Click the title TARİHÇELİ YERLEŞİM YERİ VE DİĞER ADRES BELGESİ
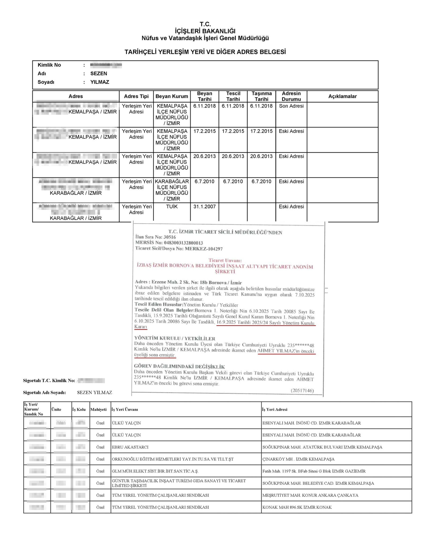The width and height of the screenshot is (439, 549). tap(205, 52)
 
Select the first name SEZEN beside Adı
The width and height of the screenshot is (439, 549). tap(99, 73)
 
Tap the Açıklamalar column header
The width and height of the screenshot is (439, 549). tap(342, 96)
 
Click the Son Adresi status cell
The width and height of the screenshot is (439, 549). tap(291, 106)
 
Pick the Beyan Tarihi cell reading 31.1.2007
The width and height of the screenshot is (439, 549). tap(204, 206)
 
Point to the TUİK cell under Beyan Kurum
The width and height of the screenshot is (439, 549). tap(172, 206)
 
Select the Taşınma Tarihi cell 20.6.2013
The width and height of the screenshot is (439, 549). tap(261, 156)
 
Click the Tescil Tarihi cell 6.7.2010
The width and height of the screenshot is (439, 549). tap(233, 181)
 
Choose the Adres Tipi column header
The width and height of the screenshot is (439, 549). tap(136, 96)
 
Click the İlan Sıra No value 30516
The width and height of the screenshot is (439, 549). tap(170, 237)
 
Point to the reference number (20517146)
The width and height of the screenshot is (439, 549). tap(302, 391)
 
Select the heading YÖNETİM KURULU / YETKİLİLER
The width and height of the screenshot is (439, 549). tap(175, 339)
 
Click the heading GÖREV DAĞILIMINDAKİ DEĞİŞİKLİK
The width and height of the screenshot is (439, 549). tap(179, 366)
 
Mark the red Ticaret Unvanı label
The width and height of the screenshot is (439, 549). tap(225, 260)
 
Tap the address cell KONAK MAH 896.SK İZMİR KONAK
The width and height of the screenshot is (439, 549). tap(297, 507)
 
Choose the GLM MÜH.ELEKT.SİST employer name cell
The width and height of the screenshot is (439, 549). tap(155, 471)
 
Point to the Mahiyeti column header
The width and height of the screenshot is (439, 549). tap(98, 409)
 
